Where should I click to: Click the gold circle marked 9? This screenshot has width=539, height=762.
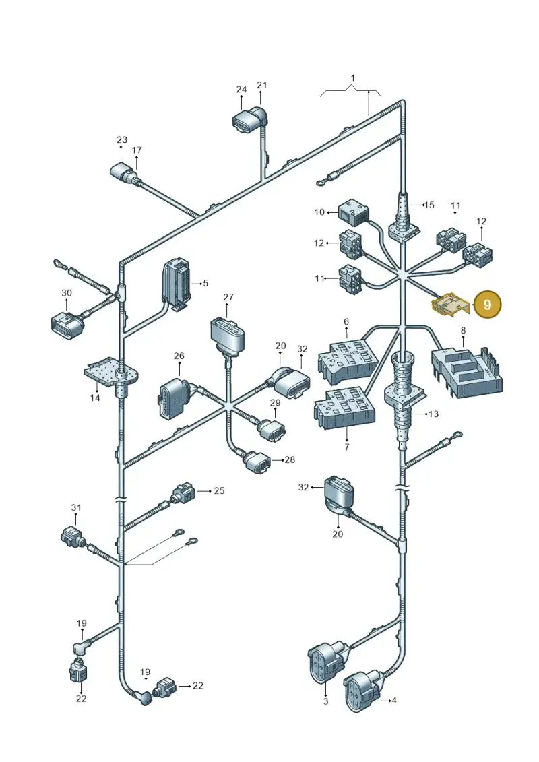[x=487, y=305]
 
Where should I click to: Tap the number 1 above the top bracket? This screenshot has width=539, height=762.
[x=353, y=77]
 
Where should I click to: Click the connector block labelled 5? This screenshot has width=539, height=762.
[x=176, y=284]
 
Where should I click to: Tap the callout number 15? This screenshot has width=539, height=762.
[x=429, y=205]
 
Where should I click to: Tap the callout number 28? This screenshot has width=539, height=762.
[x=290, y=459]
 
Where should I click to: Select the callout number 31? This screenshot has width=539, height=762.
[x=76, y=507]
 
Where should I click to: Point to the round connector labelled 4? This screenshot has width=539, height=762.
[x=362, y=691]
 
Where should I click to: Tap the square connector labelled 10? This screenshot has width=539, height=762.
[x=353, y=212]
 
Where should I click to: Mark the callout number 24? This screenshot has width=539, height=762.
[x=242, y=90]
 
